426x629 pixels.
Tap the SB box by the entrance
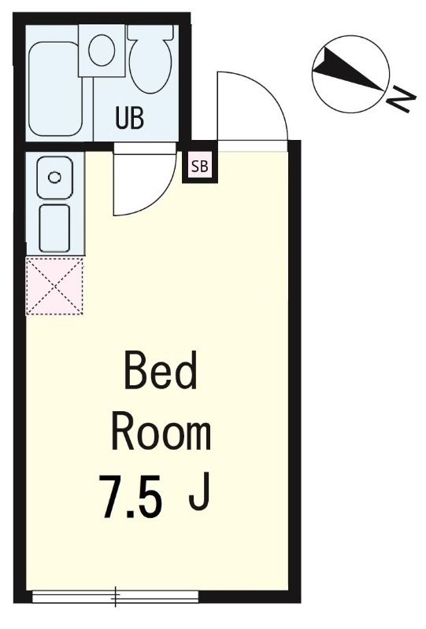click(200, 166)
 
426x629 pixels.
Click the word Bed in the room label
click(161, 372)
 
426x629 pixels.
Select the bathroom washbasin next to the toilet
click(101, 50)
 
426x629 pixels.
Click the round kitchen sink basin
click(54, 177)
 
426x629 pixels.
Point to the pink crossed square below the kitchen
click(54, 286)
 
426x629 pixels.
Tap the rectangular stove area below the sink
click(54, 228)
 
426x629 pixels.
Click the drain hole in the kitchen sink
click(54, 177)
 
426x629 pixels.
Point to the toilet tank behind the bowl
click(150, 32)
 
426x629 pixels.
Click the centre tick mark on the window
click(116, 598)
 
